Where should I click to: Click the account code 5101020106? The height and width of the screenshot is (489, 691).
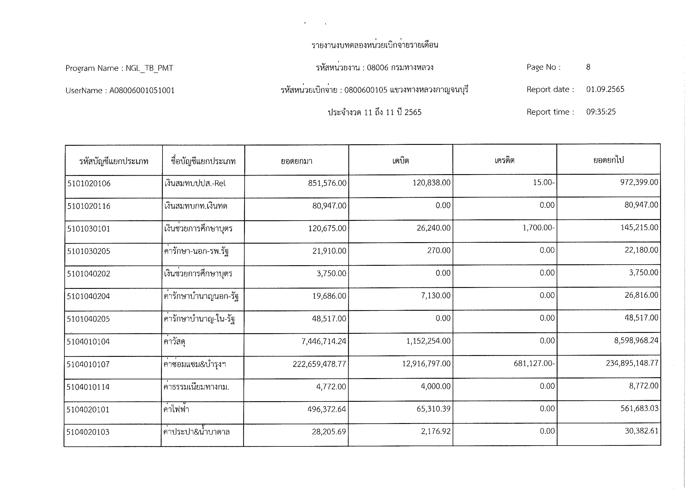tap(89, 183)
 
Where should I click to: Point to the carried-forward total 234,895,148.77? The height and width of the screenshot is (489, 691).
tap(632, 363)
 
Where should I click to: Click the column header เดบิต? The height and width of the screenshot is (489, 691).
tap(401, 161)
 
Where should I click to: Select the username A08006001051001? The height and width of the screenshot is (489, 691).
tap(142, 91)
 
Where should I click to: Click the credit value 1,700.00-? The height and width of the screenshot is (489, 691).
tap(538, 228)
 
